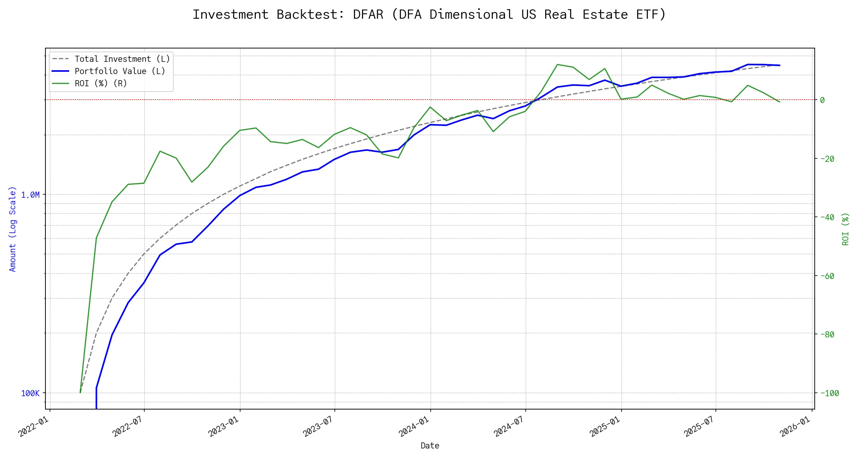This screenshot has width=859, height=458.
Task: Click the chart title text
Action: (429, 15)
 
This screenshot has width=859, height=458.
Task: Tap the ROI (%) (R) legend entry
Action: (101, 84)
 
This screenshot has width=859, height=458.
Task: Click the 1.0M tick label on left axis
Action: (30, 195)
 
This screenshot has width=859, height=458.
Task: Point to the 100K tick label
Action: (30, 393)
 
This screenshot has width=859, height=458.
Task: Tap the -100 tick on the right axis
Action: (829, 393)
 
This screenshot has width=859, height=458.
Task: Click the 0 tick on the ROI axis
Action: (822, 100)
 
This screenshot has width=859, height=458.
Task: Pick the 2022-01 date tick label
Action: (34, 426)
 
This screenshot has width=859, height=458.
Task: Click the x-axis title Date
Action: (430, 446)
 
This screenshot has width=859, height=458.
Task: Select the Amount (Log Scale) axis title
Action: (13, 229)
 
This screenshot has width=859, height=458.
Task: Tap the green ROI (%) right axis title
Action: (846, 229)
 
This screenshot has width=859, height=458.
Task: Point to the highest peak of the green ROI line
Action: (558, 65)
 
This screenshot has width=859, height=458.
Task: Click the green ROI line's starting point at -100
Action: (80, 392)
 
